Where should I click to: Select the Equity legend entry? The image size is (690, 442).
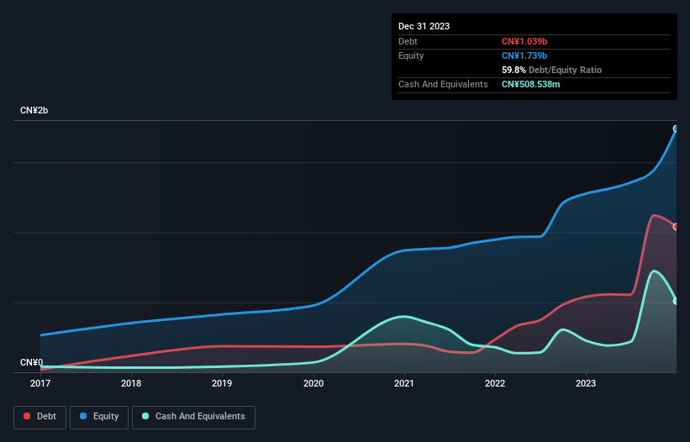pos(100,416)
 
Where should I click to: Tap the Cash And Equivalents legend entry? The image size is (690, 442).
pos(193,416)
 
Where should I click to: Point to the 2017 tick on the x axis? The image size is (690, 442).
pos(40,383)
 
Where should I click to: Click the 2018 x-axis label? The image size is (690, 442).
pos(131,383)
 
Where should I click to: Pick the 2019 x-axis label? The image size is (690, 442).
pos(222,383)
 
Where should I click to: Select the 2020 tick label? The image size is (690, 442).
pos(313,383)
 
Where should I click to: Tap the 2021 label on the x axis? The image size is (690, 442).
pos(404,383)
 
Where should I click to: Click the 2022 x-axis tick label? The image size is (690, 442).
pos(495,383)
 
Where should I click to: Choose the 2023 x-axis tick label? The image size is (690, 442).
pos(586,383)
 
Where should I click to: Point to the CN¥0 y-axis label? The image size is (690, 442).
pos(31,362)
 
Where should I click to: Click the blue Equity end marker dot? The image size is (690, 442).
pos(676,129)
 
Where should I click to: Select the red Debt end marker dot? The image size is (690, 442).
pos(676,227)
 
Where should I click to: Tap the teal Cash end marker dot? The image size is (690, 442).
pos(676,301)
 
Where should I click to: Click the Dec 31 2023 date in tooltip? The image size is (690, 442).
pos(424,26)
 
